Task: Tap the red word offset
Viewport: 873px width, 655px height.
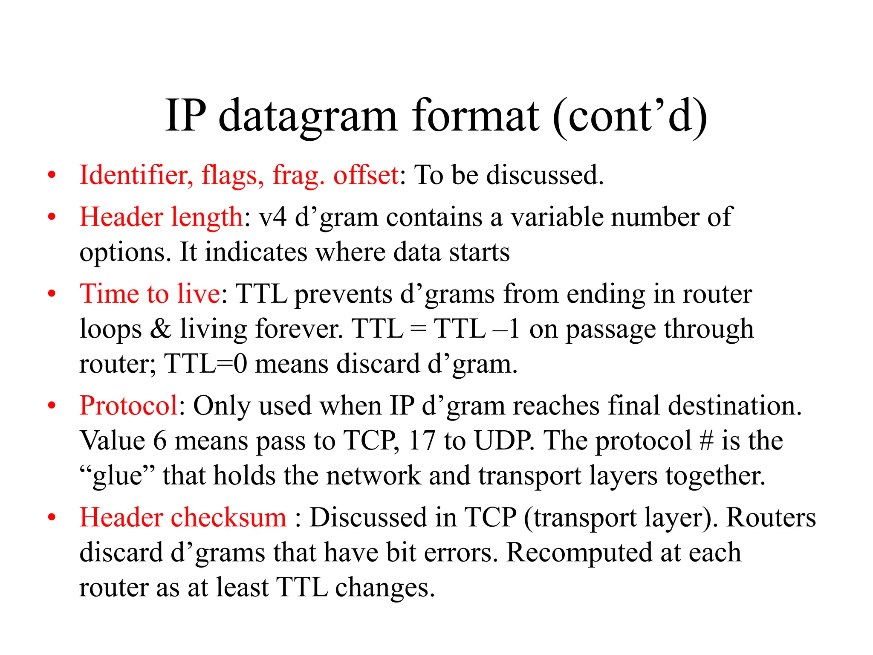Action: pos(366,175)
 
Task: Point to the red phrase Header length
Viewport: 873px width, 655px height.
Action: pos(161,217)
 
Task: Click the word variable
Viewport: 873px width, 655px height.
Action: pos(557,217)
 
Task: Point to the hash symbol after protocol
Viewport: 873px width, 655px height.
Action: pos(706,441)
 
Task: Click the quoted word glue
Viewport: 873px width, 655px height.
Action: pos(118,476)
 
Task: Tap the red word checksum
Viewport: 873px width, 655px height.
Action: pos(228,518)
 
